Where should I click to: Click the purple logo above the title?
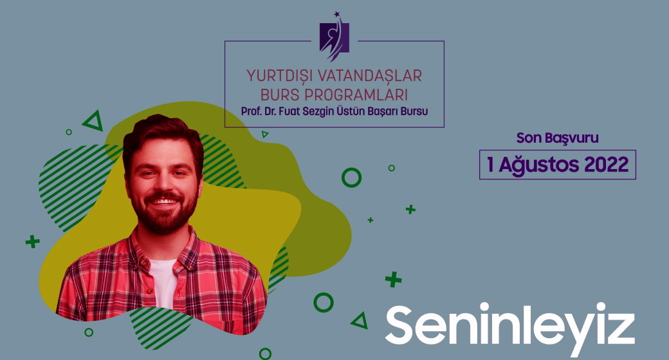(334, 37)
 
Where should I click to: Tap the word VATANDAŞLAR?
(371, 76)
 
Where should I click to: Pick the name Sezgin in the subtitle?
(318, 111)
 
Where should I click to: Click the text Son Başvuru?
(557, 138)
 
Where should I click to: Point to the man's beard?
(164, 212)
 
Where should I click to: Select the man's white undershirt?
(163, 283)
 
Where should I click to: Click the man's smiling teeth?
(163, 201)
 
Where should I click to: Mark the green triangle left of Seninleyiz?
(360, 321)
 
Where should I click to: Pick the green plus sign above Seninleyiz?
(394, 280)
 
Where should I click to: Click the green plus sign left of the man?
(32, 242)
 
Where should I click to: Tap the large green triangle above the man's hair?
(93, 122)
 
